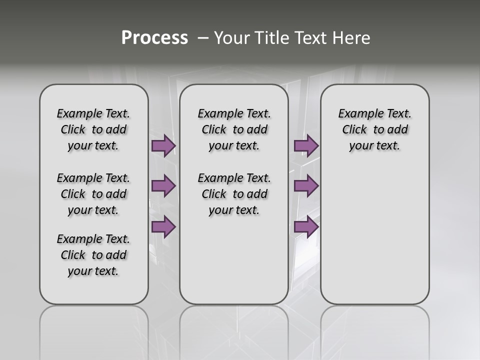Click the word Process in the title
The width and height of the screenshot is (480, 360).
tap(154, 38)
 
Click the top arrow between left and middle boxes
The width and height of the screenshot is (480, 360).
tap(163, 145)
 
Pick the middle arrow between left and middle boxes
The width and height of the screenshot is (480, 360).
tap(163, 186)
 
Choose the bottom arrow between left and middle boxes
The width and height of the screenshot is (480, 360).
tap(163, 227)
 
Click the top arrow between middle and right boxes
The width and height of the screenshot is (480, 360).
tap(306, 145)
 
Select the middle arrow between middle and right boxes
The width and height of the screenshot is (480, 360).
tap(306, 186)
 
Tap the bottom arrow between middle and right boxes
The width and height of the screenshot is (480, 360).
tap(306, 227)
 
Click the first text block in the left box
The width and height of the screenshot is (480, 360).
tap(93, 129)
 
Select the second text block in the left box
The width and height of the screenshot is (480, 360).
tap(93, 194)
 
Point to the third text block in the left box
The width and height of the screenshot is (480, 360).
tap(93, 255)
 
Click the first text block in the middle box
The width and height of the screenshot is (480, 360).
tap(234, 129)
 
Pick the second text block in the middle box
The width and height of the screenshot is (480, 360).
tap(234, 194)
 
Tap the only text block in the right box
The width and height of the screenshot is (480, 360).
tap(374, 129)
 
